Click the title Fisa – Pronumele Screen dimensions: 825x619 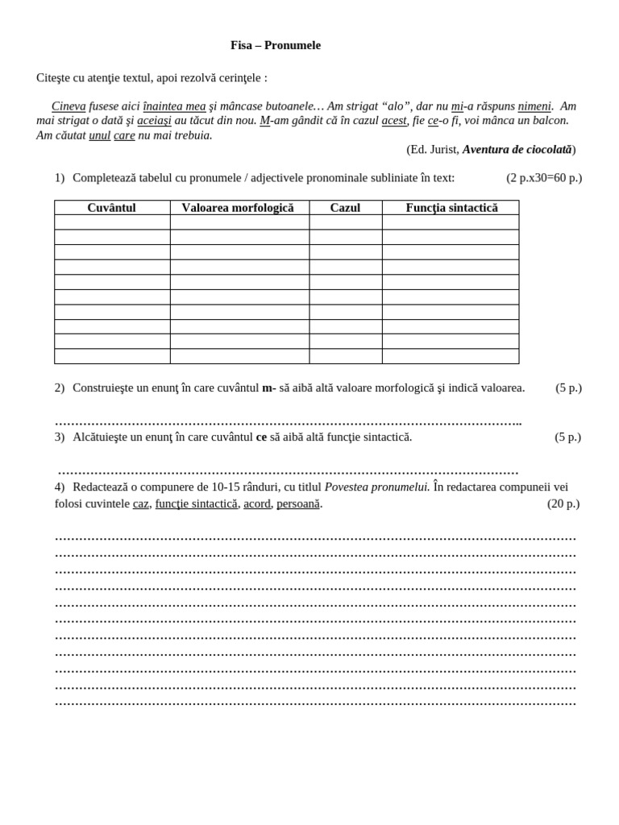(x=275, y=45)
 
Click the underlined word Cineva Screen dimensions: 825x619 (x=69, y=106)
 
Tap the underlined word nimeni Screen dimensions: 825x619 (x=534, y=106)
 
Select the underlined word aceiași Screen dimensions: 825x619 (x=154, y=121)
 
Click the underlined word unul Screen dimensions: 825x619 (x=99, y=135)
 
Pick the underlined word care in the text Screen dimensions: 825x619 (x=124, y=135)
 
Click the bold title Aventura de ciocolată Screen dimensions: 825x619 (x=517, y=150)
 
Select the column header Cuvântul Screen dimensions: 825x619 (x=111, y=208)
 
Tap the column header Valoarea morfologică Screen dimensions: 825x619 (x=238, y=208)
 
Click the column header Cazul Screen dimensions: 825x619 (x=345, y=208)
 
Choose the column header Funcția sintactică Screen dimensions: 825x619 (x=451, y=208)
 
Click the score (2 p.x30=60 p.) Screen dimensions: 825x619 (x=544, y=178)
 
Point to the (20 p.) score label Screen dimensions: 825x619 (x=563, y=504)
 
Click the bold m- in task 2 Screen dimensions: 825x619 (x=268, y=388)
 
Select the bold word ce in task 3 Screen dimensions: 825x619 (x=261, y=437)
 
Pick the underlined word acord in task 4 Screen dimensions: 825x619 (x=256, y=504)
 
